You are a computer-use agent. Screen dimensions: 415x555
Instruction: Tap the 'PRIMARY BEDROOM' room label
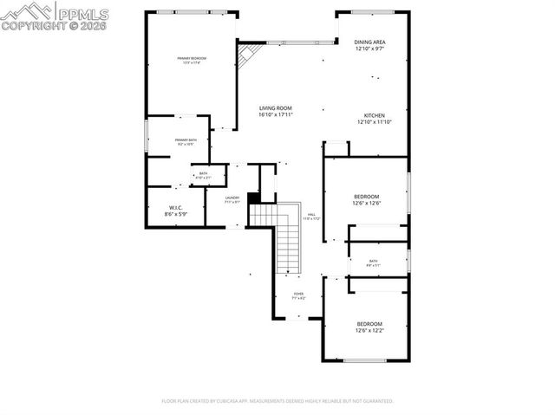pyautogui.click(x=192, y=58)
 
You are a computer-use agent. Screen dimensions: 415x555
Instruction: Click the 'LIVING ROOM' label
pyautogui.click(x=276, y=108)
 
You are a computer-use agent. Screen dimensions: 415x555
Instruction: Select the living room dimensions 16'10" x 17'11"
pyautogui.click(x=276, y=115)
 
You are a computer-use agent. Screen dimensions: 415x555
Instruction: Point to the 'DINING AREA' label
pyautogui.click(x=370, y=42)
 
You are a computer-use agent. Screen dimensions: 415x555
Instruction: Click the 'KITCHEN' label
pyautogui.click(x=374, y=115)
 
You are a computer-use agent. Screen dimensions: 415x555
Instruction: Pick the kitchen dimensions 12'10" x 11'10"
pyautogui.click(x=374, y=122)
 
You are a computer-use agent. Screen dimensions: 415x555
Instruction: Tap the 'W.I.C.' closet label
pyautogui.click(x=175, y=206)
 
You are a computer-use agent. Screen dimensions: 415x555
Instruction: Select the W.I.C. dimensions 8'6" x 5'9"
pyautogui.click(x=175, y=213)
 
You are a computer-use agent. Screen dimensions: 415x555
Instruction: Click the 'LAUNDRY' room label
pyautogui.click(x=232, y=198)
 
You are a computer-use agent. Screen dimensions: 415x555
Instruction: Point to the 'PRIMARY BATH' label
pyautogui.click(x=186, y=139)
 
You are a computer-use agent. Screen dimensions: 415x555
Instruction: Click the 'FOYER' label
pyautogui.click(x=298, y=294)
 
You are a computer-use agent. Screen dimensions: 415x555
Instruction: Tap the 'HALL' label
pyautogui.click(x=311, y=215)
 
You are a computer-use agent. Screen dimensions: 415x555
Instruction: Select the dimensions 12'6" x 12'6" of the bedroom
pyautogui.click(x=368, y=203)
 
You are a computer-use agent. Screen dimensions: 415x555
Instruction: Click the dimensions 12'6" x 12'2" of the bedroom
pyautogui.click(x=369, y=330)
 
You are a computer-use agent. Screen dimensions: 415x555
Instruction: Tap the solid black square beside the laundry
pyautogui.click(x=254, y=198)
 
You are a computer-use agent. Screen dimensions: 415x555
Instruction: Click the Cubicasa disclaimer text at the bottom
pyautogui.click(x=277, y=401)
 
